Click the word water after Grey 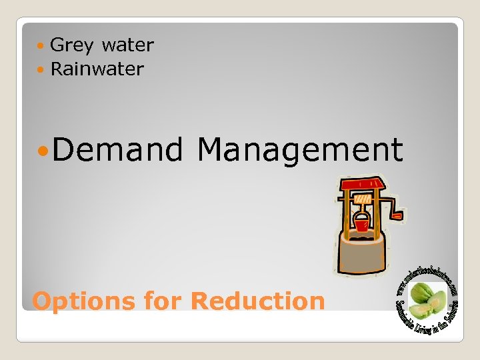128,45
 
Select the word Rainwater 97,69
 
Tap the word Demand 117,149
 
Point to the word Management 300,149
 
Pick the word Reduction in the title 257,301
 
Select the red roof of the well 361,183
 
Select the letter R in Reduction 200,301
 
